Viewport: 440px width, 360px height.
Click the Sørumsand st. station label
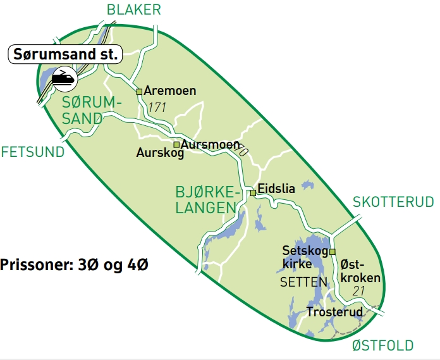point(64,54)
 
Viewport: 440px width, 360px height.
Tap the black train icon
point(64,78)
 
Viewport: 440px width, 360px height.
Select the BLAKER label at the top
point(134,9)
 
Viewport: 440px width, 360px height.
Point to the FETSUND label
point(33,152)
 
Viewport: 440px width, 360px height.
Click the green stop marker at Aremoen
point(140,91)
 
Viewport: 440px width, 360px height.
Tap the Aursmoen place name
point(210,144)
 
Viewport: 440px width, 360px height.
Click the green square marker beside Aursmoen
point(177,144)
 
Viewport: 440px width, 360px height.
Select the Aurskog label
point(160,154)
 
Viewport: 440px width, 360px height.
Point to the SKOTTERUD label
point(393,202)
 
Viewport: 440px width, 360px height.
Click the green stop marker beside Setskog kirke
point(332,251)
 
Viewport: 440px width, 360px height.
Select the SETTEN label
point(303,282)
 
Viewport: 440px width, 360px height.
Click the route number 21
point(360,291)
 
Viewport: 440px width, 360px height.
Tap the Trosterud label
point(334,312)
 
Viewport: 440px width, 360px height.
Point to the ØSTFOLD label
point(382,345)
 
